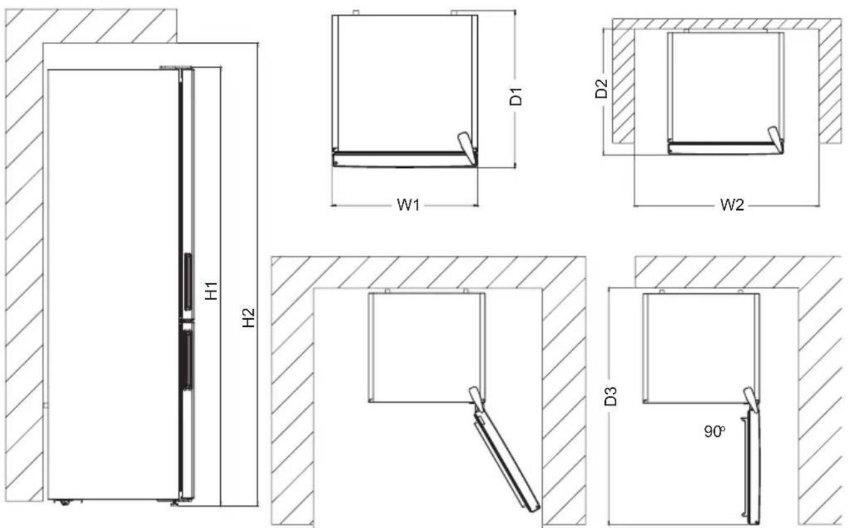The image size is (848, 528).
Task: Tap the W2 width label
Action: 731,205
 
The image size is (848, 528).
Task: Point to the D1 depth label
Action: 515,97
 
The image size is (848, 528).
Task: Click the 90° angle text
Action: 715,431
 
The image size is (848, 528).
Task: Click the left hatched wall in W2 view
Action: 622,87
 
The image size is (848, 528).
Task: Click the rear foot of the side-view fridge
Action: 65,501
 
